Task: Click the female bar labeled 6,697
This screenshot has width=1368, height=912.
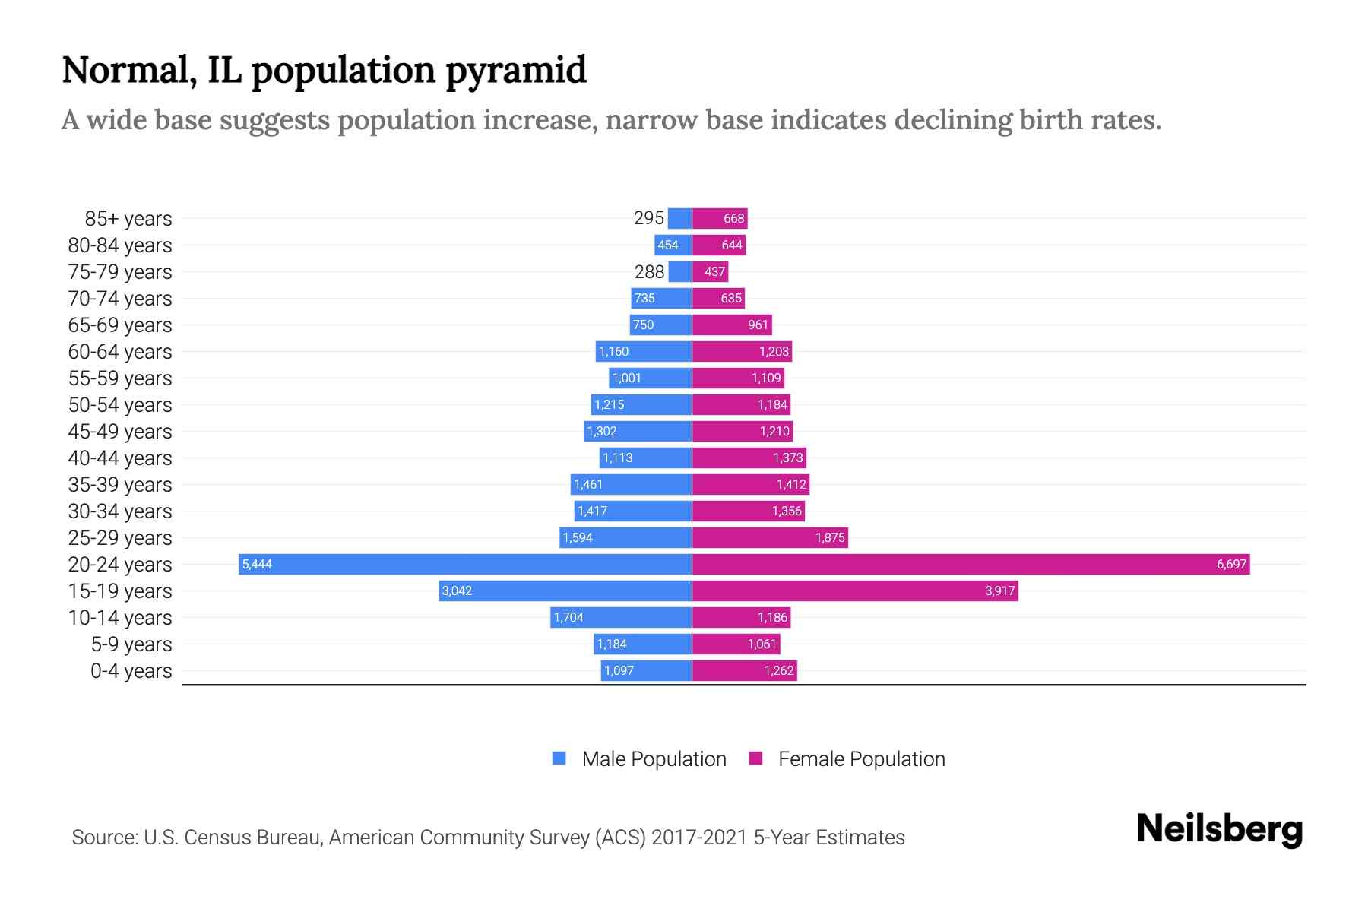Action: point(971,564)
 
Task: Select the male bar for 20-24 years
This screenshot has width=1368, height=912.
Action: point(465,564)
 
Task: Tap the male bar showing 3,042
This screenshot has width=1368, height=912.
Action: point(565,591)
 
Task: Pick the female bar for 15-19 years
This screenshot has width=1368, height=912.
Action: point(855,591)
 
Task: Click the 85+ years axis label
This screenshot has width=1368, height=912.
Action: point(128,219)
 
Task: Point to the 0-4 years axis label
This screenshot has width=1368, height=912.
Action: point(131,671)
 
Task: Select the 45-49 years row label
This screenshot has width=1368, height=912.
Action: point(120,432)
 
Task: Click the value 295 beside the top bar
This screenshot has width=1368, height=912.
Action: point(649,218)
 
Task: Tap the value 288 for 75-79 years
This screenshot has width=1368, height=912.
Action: point(649,271)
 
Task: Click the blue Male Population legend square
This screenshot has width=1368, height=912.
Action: point(559,758)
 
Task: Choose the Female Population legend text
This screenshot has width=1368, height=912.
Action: point(861,759)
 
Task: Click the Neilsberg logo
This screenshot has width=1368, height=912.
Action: point(1219,829)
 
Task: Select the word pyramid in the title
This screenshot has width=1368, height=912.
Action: point(516,70)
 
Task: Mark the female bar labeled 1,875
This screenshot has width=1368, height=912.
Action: point(770,537)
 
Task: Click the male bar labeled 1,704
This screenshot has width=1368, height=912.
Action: point(621,617)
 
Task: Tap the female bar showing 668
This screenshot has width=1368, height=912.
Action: point(720,218)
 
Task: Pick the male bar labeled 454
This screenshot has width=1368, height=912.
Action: point(673,245)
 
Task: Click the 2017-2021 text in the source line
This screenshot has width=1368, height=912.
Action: point(699,838)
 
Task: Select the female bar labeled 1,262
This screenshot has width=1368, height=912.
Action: point(745,670)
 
